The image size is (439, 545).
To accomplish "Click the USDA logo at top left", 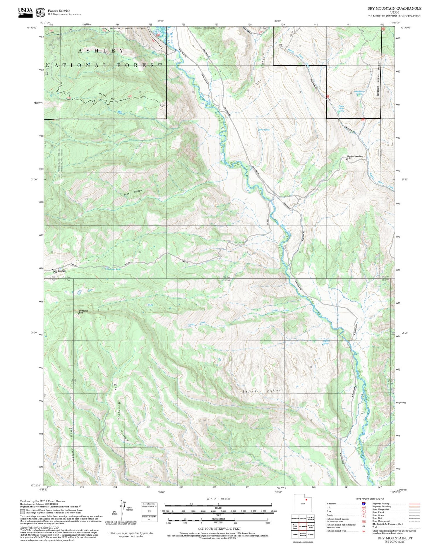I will point(25,12).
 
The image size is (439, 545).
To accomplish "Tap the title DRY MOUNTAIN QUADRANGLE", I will point(394,8).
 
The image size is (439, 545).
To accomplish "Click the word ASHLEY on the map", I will point(101,51).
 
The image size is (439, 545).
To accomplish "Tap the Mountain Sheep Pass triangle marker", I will point(347,159).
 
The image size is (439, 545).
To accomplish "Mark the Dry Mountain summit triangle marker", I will point(78,314).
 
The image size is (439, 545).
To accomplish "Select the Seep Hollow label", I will point(71,445).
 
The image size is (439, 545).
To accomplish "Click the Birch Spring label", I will point(264,130).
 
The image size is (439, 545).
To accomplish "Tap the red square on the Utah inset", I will point(306,500).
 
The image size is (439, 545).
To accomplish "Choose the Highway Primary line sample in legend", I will point(413,504).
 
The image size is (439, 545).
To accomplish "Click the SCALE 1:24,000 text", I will point(218,499).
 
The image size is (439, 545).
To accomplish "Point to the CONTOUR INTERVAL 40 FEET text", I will point(219,529).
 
